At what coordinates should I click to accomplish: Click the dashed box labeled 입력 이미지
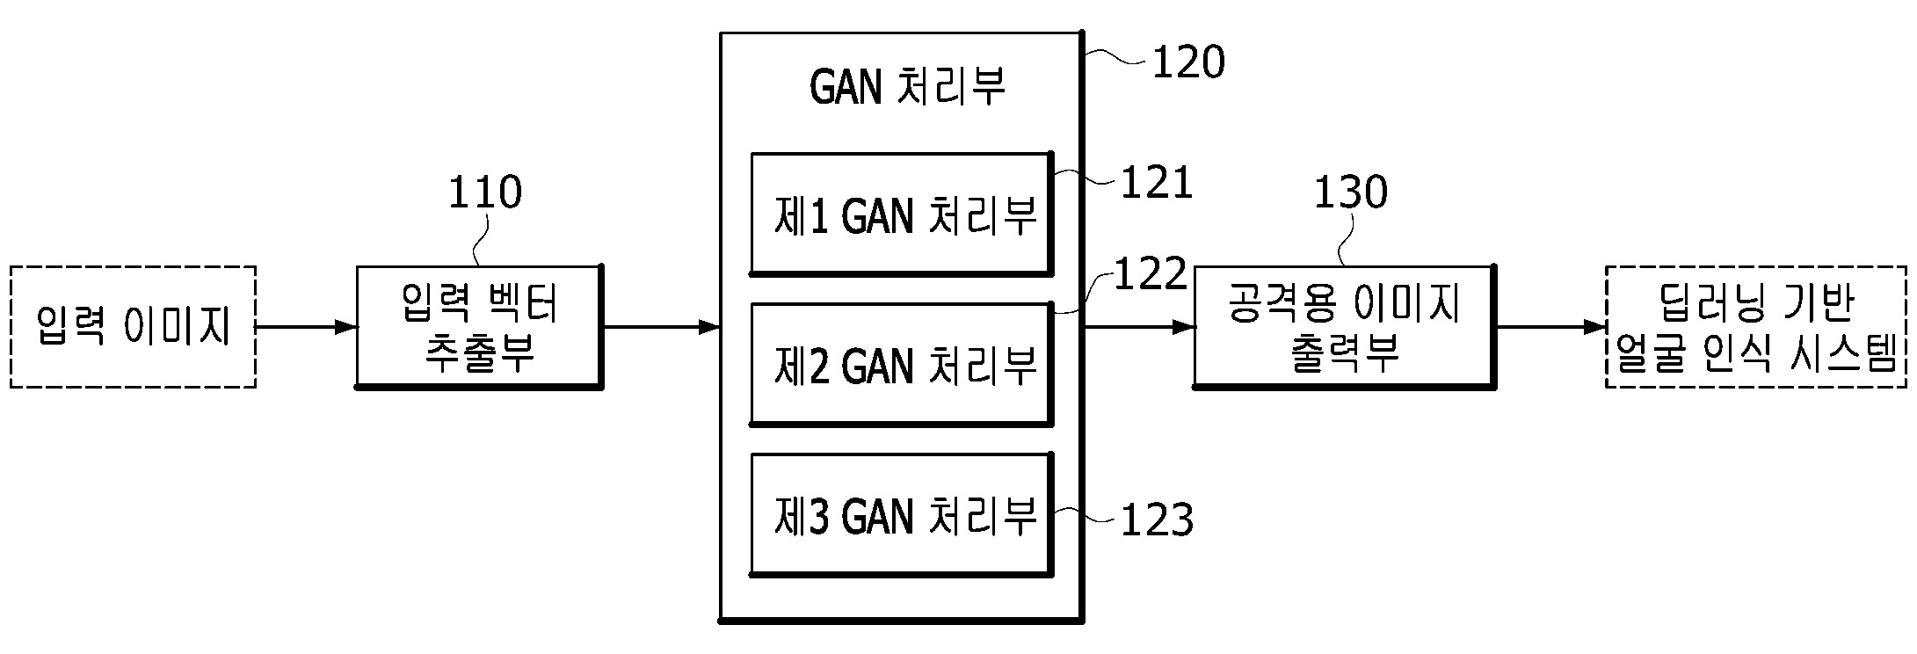[x=133, y=327]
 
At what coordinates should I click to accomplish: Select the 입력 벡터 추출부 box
[x=479, y=327]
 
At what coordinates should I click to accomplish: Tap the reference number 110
[x=485, y=193]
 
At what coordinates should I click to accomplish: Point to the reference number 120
[x=1187, y=62]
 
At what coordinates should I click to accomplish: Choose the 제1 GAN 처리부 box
[x=902, y=214]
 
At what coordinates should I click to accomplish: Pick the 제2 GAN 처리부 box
[x=902, y=365]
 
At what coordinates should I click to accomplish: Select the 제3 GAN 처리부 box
[x=902, y=515]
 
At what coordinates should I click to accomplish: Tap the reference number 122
[x=1151, y=274]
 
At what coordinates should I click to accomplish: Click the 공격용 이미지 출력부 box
[x=1344, y=327]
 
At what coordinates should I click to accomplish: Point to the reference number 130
[x=1350, y=193]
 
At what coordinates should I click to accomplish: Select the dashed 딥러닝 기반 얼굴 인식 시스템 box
[x=1756, y=327]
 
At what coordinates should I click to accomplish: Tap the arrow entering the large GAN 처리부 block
[x=661, y=328]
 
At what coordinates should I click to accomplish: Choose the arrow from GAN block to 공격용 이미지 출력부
[x=1138, y=328]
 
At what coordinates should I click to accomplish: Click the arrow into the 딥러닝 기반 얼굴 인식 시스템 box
[x=1550, y=328]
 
